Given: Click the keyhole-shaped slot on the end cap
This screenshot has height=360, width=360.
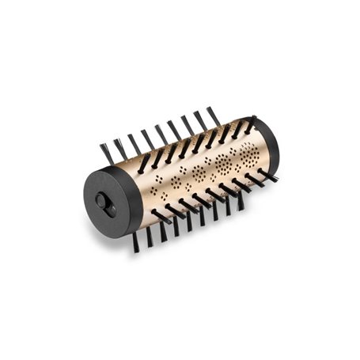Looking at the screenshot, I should [x=104, y=203].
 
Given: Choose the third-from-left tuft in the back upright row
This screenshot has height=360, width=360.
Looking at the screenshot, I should [x=134, y=143].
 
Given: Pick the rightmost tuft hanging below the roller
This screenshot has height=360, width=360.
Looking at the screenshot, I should [x=241, y=201].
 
